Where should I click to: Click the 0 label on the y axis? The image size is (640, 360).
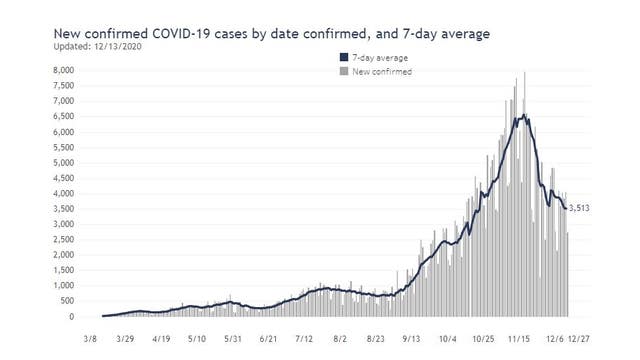71,317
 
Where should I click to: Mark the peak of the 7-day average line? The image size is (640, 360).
523,116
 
